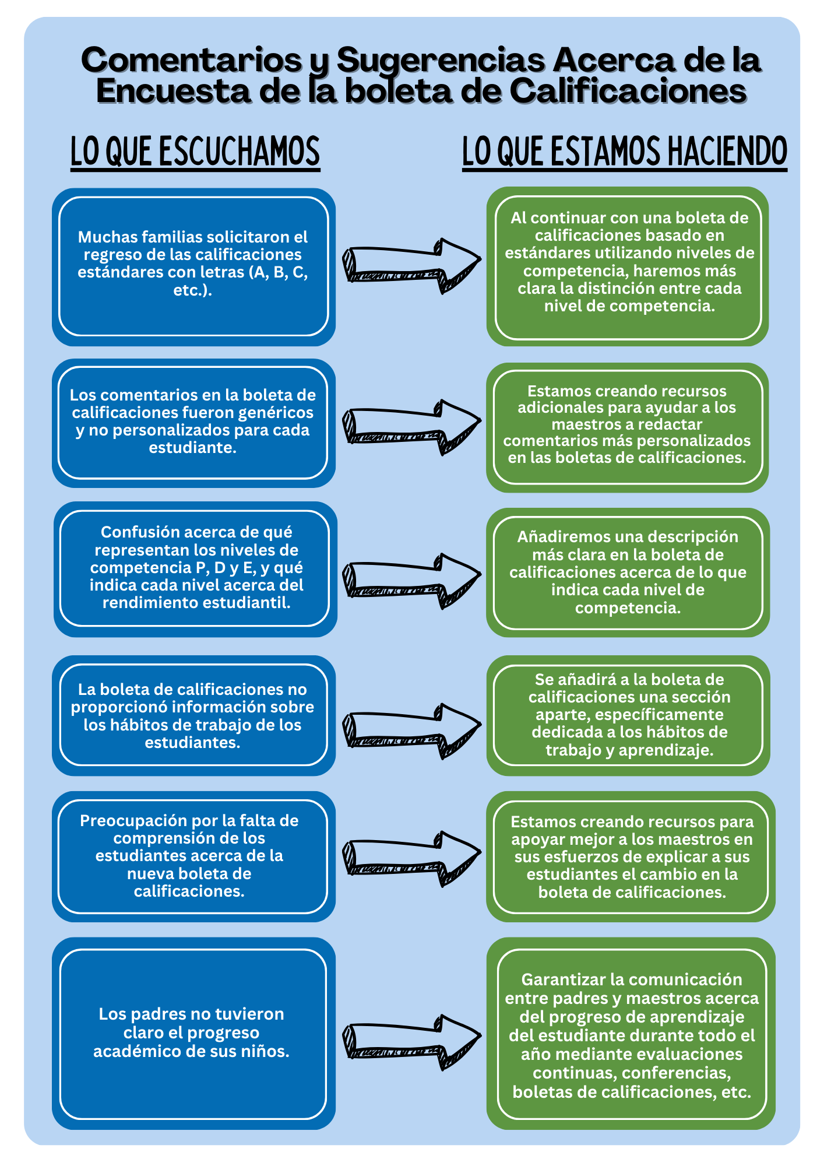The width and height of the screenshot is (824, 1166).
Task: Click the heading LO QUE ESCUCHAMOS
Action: click(195, 152)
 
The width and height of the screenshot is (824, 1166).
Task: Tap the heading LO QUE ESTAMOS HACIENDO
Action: click(625, 152)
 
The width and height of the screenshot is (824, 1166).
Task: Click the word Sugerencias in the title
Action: click(441, 60)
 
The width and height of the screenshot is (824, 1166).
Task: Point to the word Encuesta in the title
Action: click(174, 91)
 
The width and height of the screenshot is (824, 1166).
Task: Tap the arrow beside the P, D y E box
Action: click(412, 581)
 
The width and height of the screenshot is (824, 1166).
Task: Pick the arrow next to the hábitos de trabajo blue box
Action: click(412, 731)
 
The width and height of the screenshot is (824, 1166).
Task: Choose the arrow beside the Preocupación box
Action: click(412, 859)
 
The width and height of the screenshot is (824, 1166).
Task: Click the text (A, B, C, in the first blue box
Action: click(280, 272)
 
